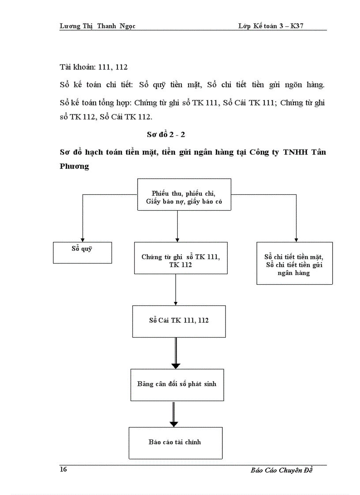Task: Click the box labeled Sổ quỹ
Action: click(82, 253)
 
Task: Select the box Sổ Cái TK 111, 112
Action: click(179, 321)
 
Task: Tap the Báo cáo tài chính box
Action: click(175, 443)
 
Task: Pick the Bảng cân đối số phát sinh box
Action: click(177, 384)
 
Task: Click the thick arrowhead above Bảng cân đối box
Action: click(176, 365)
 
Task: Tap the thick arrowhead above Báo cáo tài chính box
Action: click(174, 424)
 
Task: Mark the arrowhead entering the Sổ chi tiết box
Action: click(296, 239)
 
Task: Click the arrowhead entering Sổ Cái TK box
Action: click(176, 303)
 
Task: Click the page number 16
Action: click(64, 469)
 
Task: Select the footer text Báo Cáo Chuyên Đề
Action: click(281, 470)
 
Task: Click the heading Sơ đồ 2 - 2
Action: click(166, 134)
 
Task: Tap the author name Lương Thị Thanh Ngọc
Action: click(97, 26)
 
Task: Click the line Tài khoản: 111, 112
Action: click(94, 67)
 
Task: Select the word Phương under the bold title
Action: click(74, 166)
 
